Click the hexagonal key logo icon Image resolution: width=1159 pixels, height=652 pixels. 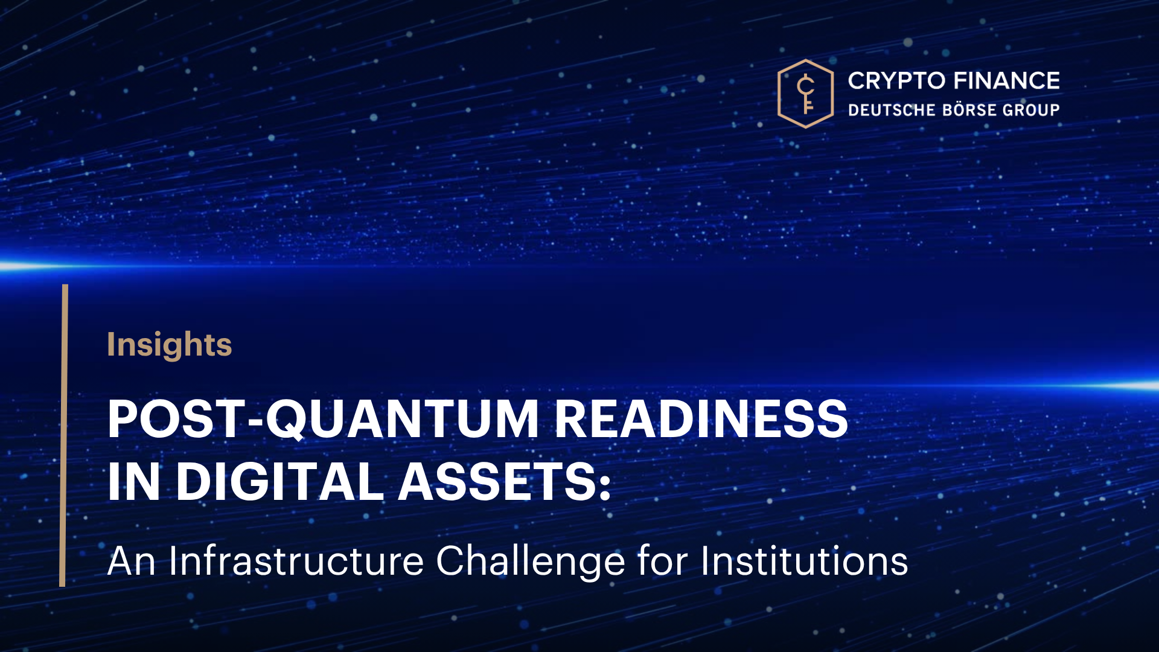(805, 94)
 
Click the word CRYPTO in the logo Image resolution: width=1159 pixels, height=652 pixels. (896, 81)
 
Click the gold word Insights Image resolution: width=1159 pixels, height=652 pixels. (170, 345)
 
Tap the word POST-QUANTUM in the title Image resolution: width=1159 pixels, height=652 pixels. (323, 420)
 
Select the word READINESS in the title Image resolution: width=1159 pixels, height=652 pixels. (701, 419)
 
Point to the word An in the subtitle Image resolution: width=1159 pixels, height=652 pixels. (132, 561)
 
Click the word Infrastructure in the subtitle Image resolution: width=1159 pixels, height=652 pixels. (296, 561)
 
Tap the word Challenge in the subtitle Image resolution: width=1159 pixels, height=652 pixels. (530, 562)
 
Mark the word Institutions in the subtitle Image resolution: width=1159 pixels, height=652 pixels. (805, 561)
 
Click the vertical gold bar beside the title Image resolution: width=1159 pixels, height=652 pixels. (63, 435)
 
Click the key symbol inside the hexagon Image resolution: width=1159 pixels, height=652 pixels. (806, 94)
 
